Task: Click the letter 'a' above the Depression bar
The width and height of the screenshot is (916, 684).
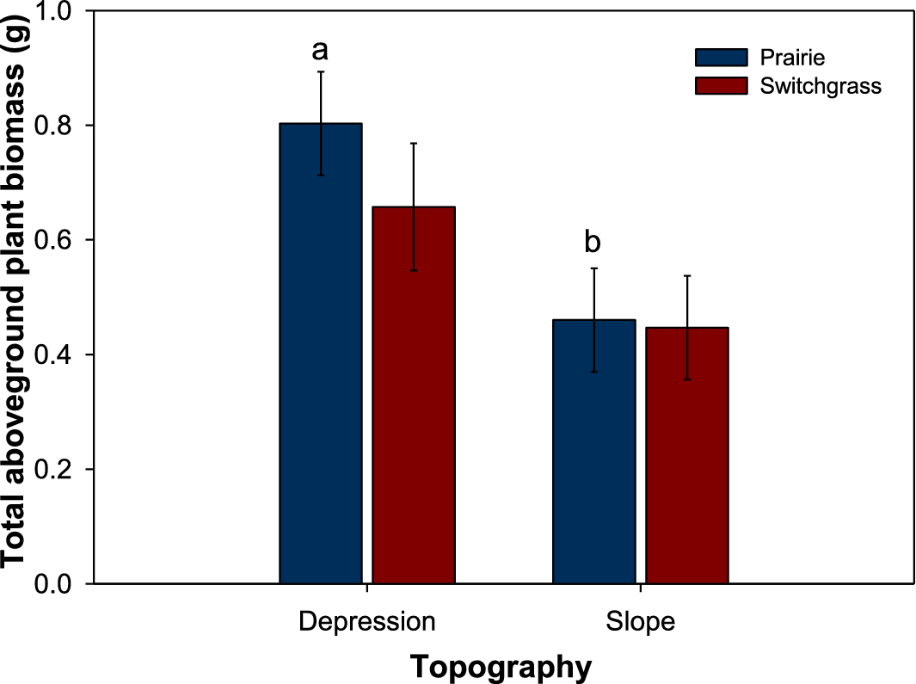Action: tap(320, 51)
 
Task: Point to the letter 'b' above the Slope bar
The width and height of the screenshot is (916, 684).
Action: tap(593, 243)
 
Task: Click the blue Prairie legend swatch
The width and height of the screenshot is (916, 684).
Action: tap(721, 58)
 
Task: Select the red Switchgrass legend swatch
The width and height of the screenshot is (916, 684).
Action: tap(721, 86)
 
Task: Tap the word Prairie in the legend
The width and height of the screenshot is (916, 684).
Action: tap(792, 58)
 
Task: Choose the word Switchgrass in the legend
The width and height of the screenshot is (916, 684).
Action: tap(821, 86)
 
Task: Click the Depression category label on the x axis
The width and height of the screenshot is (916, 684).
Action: tap(367, 621)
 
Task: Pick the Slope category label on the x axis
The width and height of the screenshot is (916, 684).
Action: tap(640, 621)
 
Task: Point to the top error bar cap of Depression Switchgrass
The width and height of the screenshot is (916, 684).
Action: tap(414, 143)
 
